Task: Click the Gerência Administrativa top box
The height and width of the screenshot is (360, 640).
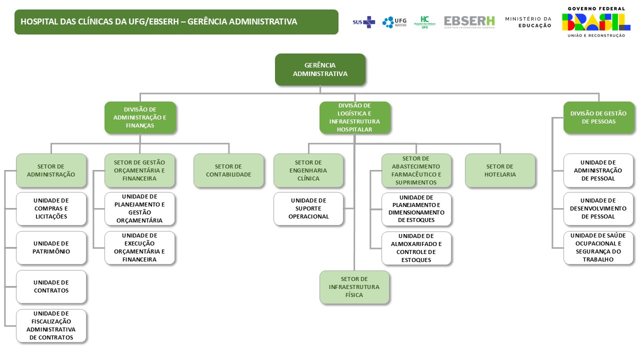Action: (x=320, y=69)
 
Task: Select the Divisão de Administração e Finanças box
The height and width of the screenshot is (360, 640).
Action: (x=140, y=117)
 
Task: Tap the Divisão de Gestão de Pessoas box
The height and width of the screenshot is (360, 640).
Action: (x=598, y=117)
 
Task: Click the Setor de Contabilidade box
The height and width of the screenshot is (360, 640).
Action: (x=228, y=170)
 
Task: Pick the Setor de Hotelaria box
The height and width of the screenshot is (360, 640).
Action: (x=499, y=170)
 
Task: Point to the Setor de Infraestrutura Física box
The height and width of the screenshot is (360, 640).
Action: (x=354, y=287)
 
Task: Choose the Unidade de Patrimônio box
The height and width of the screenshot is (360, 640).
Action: (x=51, y=247)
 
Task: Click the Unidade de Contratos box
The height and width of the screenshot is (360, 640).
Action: (x=51, y=286)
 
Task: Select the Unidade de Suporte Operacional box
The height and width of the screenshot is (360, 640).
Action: (x=308, y=208)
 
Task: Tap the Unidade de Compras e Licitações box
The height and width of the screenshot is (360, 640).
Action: (x=51, y=208)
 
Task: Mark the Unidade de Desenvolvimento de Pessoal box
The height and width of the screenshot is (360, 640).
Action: (x=598, y=208)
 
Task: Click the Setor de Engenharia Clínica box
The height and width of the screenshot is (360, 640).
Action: (x=308, y=170)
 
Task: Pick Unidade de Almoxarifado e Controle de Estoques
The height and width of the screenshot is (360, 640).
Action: (x=416, y=248)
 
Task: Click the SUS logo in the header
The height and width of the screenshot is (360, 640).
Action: (x=363, y=22)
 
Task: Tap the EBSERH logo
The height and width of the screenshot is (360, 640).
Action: (x=469, y=22)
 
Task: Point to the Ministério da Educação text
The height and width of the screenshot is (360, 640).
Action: (x=528, y=22)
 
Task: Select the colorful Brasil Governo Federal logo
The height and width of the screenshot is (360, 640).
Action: (x=595, y=22)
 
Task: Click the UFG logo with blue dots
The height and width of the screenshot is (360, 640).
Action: (x=394, y=22)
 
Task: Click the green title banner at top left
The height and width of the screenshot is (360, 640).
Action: (x=176, y=22)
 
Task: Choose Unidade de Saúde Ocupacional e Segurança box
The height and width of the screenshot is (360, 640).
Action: (x=598, y=247)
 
